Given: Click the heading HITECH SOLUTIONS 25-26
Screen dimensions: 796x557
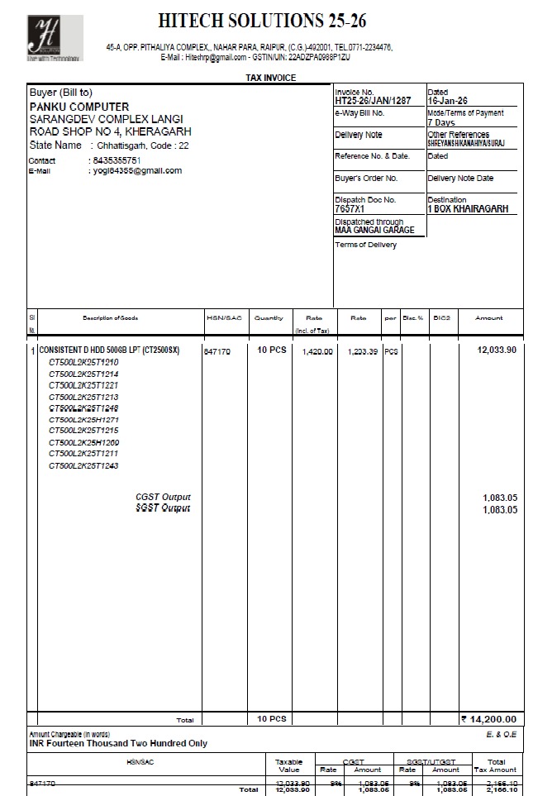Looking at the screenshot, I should [x=263, y=21].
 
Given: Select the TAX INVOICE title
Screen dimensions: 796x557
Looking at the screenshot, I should [x=270, y=78].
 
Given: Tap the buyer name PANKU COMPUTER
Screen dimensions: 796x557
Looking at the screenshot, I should [x=79, y=107].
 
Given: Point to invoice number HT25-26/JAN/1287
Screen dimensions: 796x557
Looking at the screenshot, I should [x=373, y=100].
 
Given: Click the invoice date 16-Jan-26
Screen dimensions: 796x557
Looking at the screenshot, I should [x=448, y=100].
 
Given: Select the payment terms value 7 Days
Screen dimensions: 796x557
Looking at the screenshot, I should [x=441, y=122].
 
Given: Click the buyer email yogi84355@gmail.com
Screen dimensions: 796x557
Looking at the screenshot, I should [x=136, y=171].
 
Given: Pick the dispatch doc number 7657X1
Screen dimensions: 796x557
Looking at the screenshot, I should [x=350, y=209].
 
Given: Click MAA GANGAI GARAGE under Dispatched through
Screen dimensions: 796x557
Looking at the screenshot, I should [x=374, y=230].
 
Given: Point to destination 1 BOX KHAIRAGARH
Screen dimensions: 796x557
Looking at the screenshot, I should [x=468, y=209].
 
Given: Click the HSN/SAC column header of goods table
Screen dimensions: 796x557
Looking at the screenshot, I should [x=223, y=317].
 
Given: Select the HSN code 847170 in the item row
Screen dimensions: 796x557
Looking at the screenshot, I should [x=217, y=351].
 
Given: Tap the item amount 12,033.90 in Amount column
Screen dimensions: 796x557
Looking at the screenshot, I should [x=496, y=350].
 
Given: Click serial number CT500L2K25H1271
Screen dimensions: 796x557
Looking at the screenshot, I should [x=83, y=420].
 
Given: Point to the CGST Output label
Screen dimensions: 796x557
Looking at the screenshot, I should [x=163, y=498].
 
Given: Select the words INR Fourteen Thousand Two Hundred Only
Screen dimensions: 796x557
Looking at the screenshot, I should [x=119, y=743].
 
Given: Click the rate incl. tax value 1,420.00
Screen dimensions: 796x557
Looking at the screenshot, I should [x=317, y=351].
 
